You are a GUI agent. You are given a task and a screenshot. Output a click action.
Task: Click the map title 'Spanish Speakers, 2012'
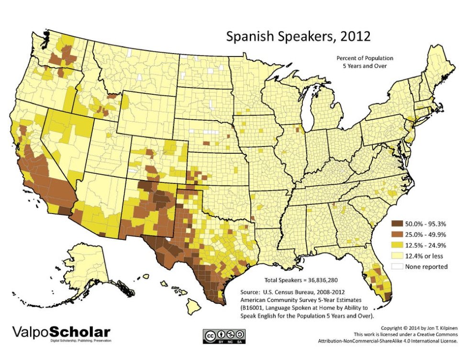coord(298,37)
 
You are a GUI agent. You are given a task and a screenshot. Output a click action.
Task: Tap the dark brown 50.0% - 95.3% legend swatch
coord(396,223)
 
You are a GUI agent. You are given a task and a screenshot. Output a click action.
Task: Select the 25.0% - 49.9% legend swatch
coord(396,234)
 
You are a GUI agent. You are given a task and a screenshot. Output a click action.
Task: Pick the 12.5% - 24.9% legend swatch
coord(396,245)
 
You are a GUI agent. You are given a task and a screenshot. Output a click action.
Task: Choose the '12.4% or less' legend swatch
coord(396,256)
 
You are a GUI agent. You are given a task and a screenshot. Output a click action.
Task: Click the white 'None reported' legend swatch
coord(396,267)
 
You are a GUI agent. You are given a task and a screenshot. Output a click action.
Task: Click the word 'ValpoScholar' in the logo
coord(61,332)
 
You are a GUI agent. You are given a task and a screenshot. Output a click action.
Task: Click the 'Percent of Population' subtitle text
coord(361,57)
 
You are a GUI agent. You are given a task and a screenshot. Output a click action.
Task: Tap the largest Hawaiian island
coord(194,309)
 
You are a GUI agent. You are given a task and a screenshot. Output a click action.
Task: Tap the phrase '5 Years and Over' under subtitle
coord(361,66)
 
